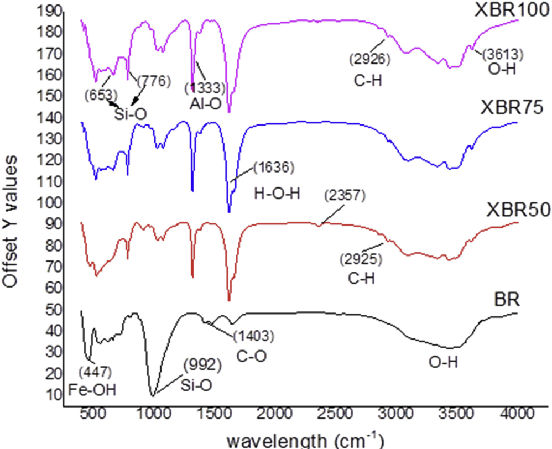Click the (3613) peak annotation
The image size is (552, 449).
503,55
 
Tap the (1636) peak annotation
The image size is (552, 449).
272,166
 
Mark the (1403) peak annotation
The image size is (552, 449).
254,336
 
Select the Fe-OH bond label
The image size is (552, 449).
92,390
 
